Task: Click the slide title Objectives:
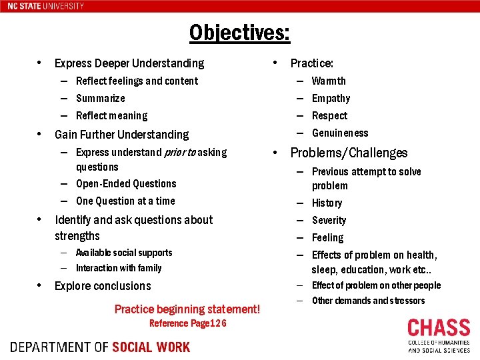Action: pyautogui.click(x=239, y=32)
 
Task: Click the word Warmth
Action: pyautogui.click(x=329, y=81)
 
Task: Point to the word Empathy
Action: pyautogui.click(x=331, y=98)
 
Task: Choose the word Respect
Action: pyautogui.click(x=329, y=115)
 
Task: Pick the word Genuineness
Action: pyautogui.click(x=340, y=133)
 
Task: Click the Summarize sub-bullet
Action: pyautogui.click(x=101, y=98)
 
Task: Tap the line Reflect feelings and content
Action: pyautogui.click(x=137, y=81)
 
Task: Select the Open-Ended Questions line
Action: pyautogui.click(x=126, y=183)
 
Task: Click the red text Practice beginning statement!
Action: pyautogui.click(x=187, y=309)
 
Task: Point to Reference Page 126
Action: pyautogui.click(x=188, y=323)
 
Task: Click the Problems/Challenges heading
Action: pyautogui.click(x=349, y=153)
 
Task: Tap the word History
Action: pyautogui.click(x=327, y=203)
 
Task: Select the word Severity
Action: pyautogui.click(x=329, y=220)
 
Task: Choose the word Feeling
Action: pyautogui.click(x=327, y=237)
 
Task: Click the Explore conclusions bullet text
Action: pyautogui.click(x=103, y=286)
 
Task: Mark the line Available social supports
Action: pyautogui.click(x=124, y=253)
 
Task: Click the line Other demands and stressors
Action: pyautogui.click(x=368, y=301)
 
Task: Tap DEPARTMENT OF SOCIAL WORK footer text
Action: pyautogui.click(x=100, y=347)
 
